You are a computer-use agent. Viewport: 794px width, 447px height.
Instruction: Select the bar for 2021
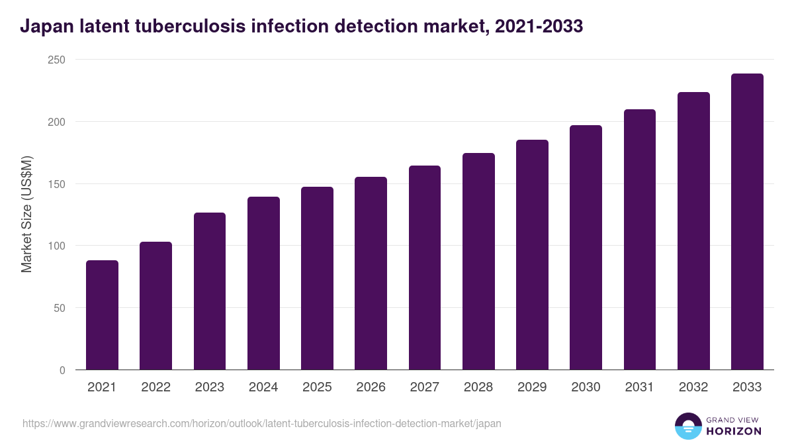click(102, 315)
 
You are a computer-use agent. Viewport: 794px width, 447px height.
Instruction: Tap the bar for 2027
click(425, 268)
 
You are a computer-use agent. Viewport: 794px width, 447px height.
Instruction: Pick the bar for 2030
click(586, 248)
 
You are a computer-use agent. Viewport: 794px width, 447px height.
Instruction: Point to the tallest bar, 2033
click(747, 222)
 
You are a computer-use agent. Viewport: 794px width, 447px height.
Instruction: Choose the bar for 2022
click(155, 306)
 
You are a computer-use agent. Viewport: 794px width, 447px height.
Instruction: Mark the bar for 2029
click(532, 255)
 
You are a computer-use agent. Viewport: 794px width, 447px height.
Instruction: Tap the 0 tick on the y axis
click(62, 370)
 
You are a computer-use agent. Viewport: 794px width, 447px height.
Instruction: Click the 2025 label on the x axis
click(317, 387)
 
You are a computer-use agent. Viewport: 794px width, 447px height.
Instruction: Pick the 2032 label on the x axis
click(693, 387)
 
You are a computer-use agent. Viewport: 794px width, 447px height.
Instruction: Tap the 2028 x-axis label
click(478, 387)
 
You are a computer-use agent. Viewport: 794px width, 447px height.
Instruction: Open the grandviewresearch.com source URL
click(262, 423)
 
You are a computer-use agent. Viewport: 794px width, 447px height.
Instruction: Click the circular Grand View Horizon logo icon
click(687, 426)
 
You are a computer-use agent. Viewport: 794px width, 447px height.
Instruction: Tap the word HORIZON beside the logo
click(734, 431)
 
